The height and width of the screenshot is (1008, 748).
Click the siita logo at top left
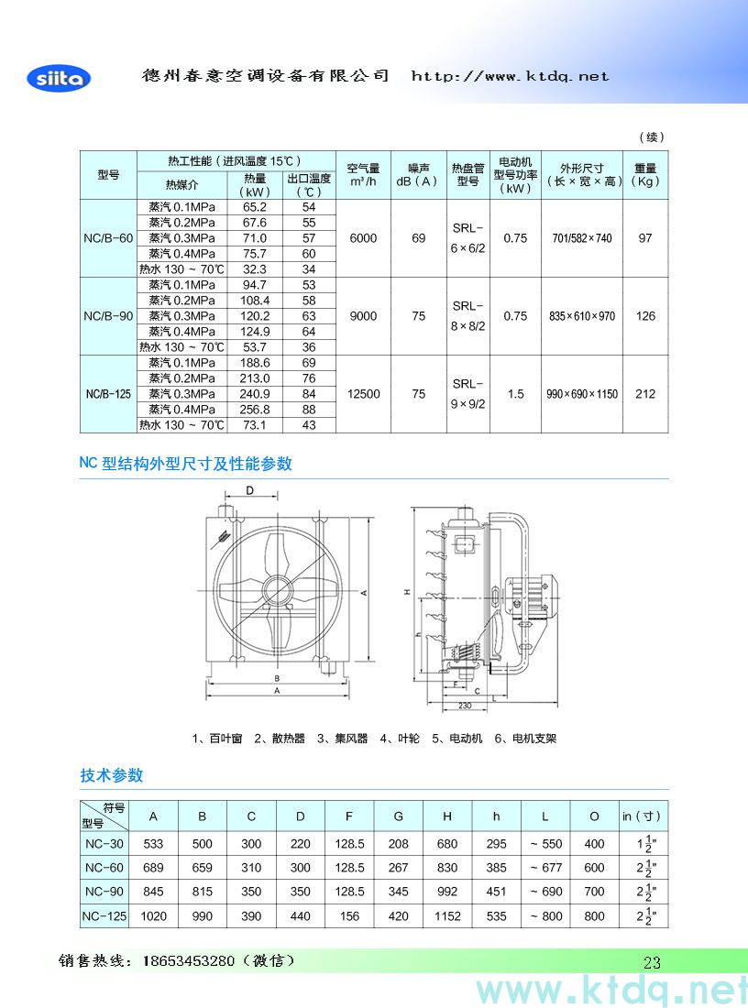(x=60, y=78)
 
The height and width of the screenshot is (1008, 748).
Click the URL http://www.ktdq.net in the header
(x=510, y=76)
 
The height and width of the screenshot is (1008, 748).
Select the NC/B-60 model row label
(x=108, y=238)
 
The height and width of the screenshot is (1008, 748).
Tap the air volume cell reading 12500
(x=363, y=394)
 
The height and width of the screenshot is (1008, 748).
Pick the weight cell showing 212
(x=645, y=394)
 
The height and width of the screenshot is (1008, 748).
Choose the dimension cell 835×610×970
(x=582, y=316)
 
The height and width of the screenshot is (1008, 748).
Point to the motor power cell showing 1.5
(x=515, y=394)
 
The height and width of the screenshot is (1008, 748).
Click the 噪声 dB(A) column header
(x=418, y=175)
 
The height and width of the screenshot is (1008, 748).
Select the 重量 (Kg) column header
(x=645, y=175)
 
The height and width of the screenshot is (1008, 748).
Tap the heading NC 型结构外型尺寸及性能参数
(x=186, y=464)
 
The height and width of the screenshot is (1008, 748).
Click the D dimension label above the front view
(x=249, y=491)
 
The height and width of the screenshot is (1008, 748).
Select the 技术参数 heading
(x=112, y=775)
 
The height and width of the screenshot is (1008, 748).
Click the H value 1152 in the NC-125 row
(x=447, y=915)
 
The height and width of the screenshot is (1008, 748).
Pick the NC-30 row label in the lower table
(x=103, y=844)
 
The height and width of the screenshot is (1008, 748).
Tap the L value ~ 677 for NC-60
(x=545, y=868)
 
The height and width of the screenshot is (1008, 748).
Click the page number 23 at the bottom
(x=652, y=962)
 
